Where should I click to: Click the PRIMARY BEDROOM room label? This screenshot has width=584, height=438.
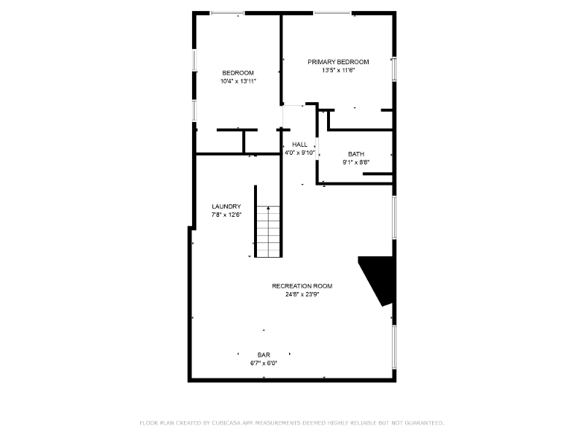tap(338, 62)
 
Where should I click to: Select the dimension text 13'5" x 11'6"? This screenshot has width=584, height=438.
tap(338, 71)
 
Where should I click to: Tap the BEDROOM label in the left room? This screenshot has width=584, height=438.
tap(238, 72)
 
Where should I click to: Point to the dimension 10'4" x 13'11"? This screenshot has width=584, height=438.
tap(238, 81)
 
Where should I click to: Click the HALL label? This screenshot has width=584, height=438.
tap(299, 144)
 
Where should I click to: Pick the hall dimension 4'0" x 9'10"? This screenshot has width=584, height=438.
tap(299, 153)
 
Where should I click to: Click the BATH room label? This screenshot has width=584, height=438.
tap(356, 154)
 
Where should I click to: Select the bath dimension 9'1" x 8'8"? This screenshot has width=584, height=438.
tap(356, 163)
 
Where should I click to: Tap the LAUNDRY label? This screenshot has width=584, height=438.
tap(226, 207)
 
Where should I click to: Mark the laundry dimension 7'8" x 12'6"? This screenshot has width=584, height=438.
tap(226, 215)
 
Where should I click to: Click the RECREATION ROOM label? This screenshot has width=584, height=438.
tap(302, 285)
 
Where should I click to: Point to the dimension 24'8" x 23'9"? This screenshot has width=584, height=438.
tap(302, 294)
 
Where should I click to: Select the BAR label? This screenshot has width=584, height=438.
tap(264, 354)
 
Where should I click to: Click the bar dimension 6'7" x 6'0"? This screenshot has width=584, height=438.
tap(264, 363)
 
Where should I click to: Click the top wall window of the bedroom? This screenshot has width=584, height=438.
tap(228, 12)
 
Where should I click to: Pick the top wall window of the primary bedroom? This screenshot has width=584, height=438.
tap(331, 12)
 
